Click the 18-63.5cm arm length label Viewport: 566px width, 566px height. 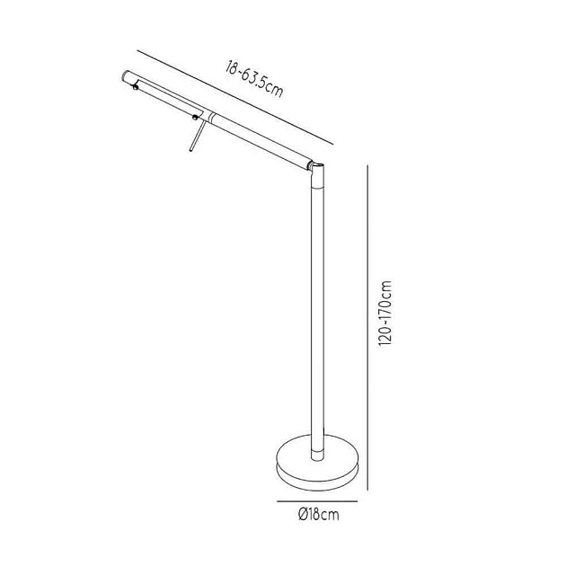[x=254, y=79]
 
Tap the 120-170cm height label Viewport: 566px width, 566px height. [x=385, y=314]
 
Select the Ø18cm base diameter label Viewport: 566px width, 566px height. [x=319, y=515]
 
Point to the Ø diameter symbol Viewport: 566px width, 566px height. [x=303, y=515]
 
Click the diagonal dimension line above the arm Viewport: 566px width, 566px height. [x=235, y=97]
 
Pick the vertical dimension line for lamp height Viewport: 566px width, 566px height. [x=367, y=328]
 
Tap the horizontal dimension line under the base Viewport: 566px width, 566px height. [x=317, y=501]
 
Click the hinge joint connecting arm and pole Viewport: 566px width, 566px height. [x=316, y=169]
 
